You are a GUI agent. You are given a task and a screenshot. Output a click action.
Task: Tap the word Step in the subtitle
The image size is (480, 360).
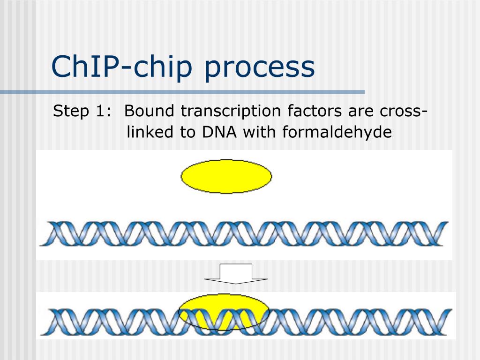pyautogui.click(x=71, y=112)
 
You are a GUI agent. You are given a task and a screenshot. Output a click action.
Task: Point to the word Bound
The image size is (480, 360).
pyautogui.click(x=149, y=112)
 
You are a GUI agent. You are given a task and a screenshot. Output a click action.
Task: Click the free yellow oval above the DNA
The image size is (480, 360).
pyautogui.click(x=226, y=176)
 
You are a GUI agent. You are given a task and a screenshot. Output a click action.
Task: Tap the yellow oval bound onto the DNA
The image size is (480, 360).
pyautogui.click(x=224, y=312)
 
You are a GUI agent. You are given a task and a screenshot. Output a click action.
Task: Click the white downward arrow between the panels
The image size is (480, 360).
pyautogui.click(x=236, y=274)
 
